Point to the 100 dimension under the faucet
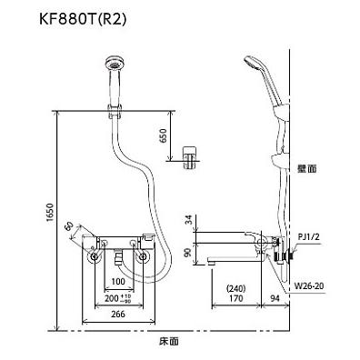pos(117,282)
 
